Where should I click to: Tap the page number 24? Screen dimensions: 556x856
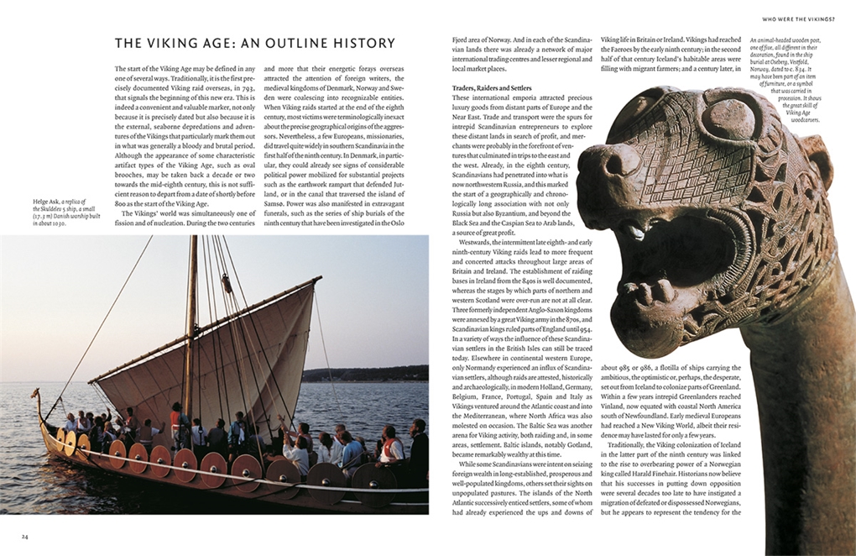[x=24, y=536]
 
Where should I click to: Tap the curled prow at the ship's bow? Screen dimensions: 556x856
[x=36, y=394]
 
